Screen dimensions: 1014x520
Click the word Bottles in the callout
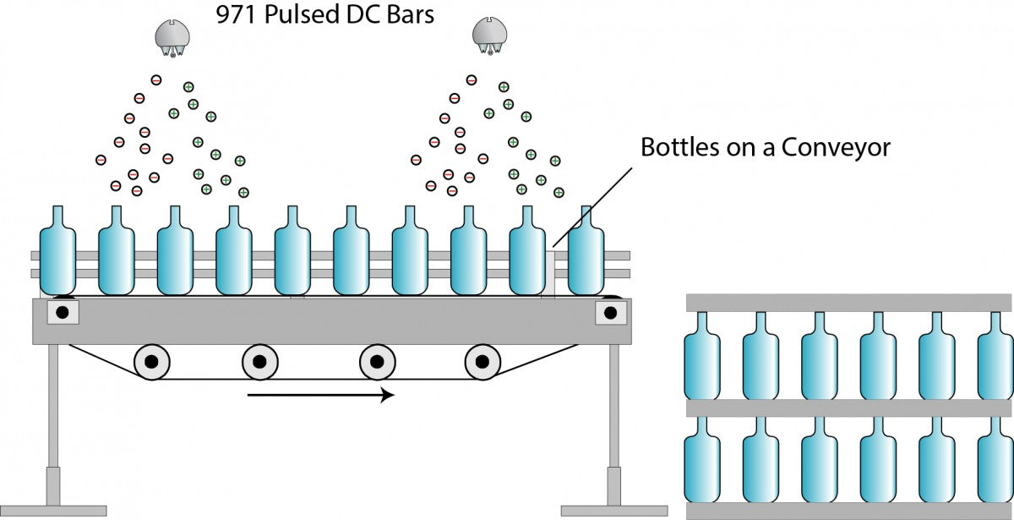(x=680, y=147)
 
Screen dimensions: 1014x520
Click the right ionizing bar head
(x=489, y=36)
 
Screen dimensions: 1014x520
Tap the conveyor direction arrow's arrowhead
(x=387, y=395)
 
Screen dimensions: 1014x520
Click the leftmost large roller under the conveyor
(x=151, y=362)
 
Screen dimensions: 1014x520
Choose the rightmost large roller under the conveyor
(x=482, y=362)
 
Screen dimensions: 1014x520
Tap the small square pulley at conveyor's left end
(x=63, y=312)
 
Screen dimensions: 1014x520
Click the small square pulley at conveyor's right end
(x=611, y=313)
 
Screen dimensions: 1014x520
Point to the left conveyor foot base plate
(x=53, y=511)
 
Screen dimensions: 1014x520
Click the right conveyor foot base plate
(x=614, y=511)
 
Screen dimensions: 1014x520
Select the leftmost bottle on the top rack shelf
(x=702, y=356)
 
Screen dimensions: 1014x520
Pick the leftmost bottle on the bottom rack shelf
(x=702, y=459)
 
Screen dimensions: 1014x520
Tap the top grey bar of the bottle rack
(x=849, y=303)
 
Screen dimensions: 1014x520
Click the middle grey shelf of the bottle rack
(x=849, y=408)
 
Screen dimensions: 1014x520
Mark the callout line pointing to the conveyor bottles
(x=592, y=208)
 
